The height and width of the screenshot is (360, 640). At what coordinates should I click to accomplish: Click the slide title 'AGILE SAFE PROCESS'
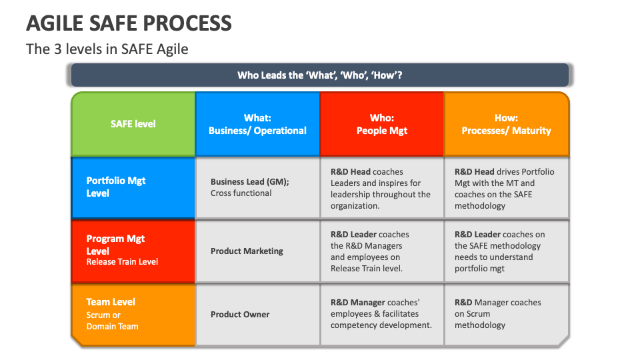(x=129, y=23)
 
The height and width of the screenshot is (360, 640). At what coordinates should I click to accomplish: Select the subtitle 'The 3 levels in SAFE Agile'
(x=107, y=49)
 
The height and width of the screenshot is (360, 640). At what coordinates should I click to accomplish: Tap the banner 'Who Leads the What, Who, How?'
(x=320, y=75)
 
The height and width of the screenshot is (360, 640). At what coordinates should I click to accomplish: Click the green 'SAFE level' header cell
(x=133, y=124)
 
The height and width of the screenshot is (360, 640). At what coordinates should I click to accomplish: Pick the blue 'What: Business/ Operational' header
(x=257, y=124)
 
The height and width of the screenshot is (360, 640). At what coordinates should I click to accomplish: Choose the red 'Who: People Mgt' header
(x=382, y=124)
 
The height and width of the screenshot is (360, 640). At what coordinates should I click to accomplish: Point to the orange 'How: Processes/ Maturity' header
(x=507, y=124)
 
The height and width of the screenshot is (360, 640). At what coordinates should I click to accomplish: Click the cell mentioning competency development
(x=381, y=314)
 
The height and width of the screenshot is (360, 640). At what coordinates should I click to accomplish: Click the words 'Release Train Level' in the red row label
(x=122, y=262)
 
